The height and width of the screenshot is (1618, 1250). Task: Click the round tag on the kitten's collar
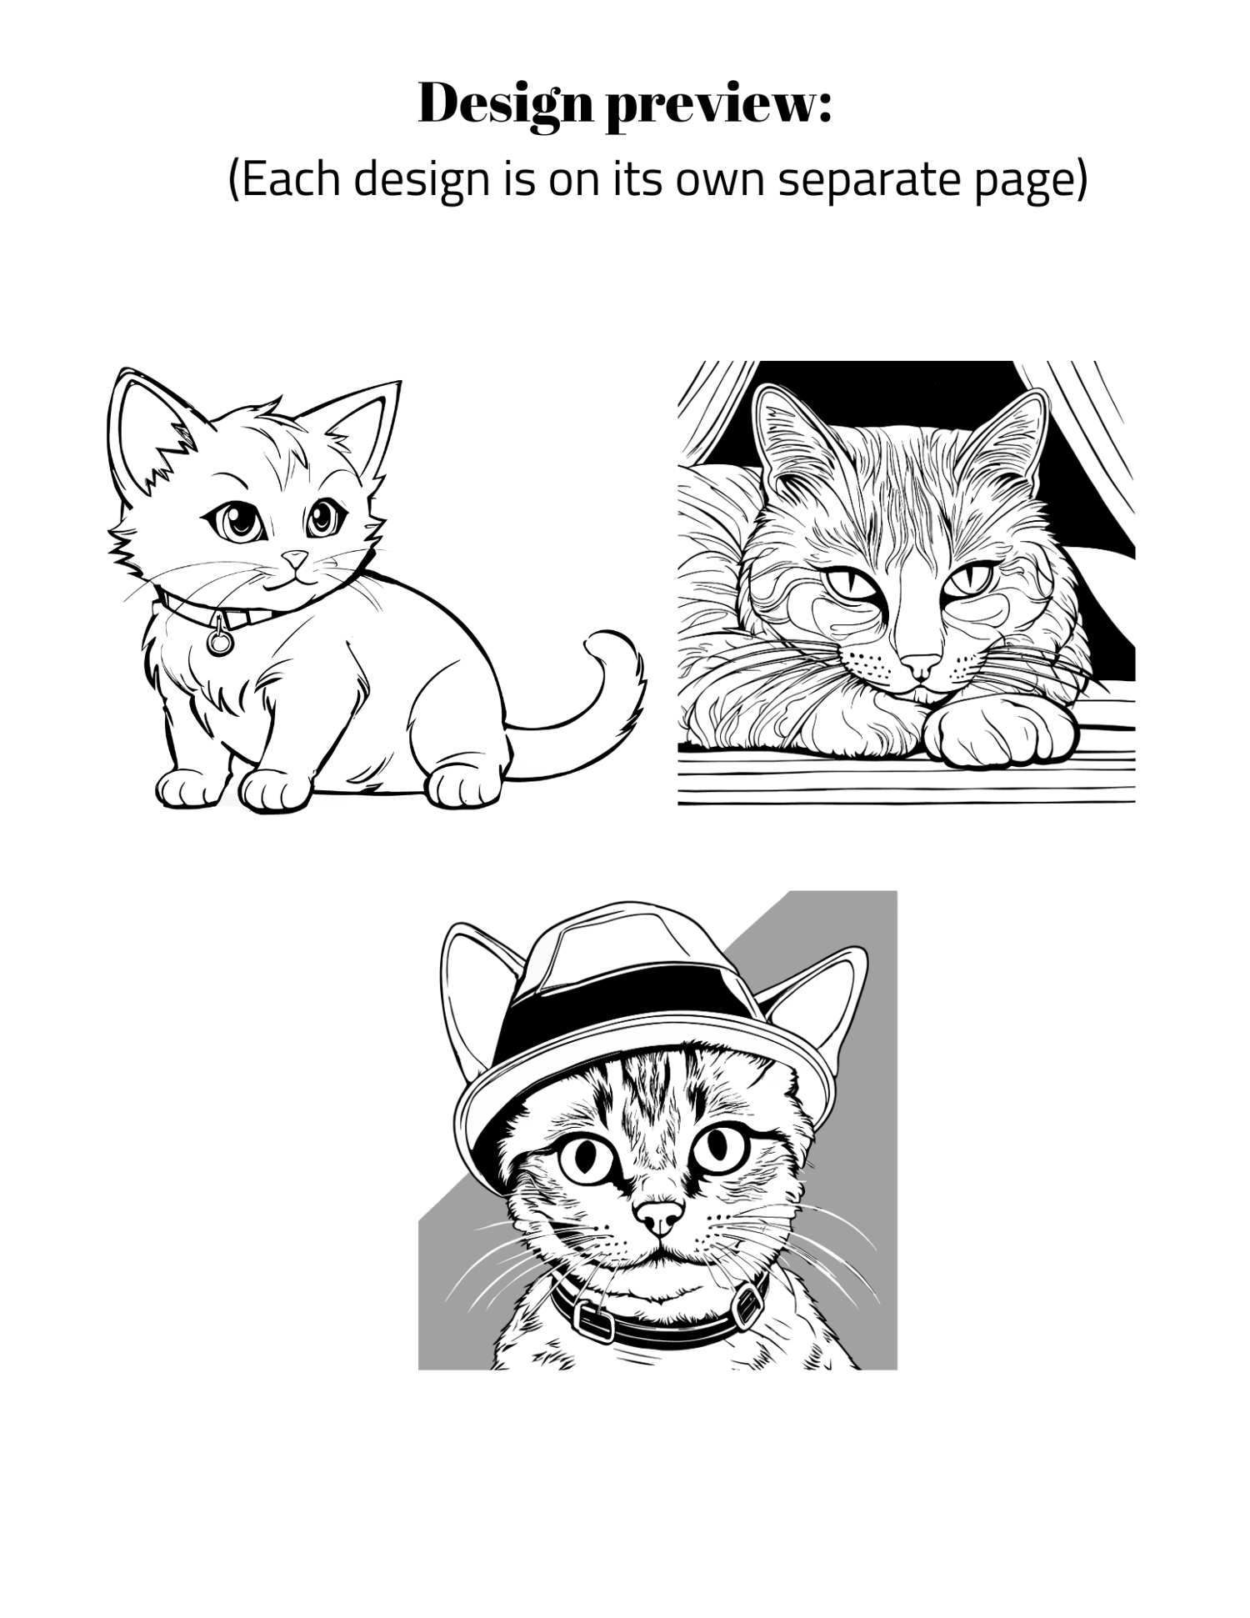click(220, 640)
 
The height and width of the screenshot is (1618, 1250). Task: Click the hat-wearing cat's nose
click(661, 1217)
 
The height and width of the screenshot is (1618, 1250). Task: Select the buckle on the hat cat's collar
click(592, 1319)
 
